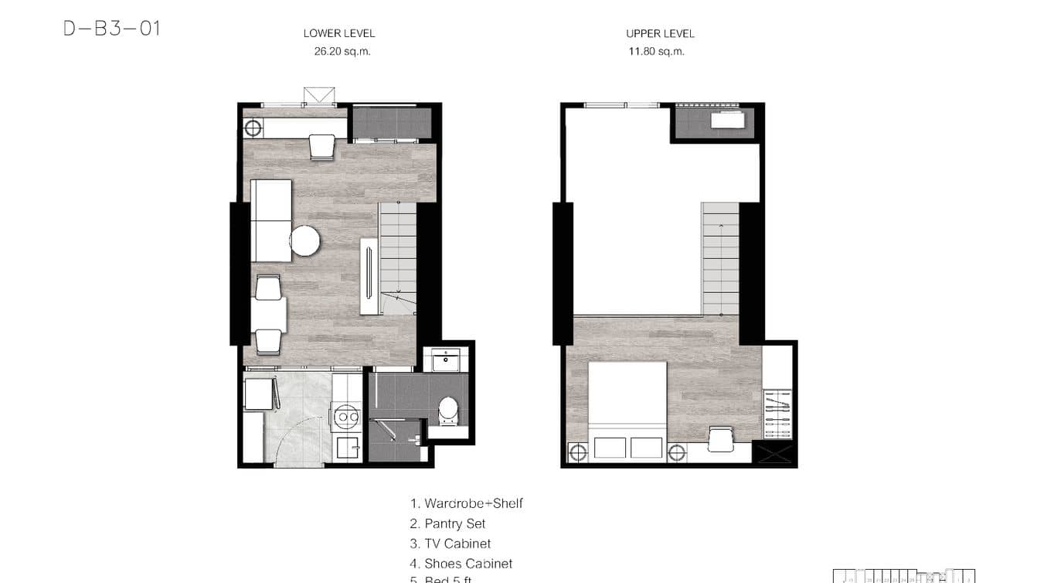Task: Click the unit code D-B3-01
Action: pyautogui.click(x=112, y=29)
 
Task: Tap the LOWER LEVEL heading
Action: pyautogui.click(x=339, y=33)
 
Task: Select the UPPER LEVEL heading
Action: pyautogui.click(x=660, y=33)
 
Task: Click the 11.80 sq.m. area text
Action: pyautogui.click(x=657, y=52)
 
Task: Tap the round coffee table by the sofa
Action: pyautogui.click(x=305, y=240)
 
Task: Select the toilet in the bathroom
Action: pyautogui.click(x=448, y=411)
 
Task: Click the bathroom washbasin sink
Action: pyautogui.click(x=446, y=360)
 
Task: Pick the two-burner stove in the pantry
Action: pyautogui.click(x=345, y=416)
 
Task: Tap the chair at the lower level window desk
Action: pyautogui.click(x=322, y=146)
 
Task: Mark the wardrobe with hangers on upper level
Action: pyautogui.click(x=777, y=414)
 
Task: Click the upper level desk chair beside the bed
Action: pyautogui.click(x=720, y=439)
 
